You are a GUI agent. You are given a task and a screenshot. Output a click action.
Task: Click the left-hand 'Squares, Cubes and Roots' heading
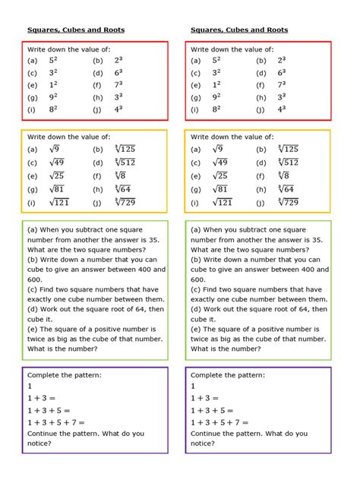[76, 30]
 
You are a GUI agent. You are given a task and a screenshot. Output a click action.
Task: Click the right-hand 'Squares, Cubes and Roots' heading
[239, 30]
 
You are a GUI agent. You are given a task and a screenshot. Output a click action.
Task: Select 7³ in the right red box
[282, 85]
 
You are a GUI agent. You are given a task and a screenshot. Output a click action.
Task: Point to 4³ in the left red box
[118, 109]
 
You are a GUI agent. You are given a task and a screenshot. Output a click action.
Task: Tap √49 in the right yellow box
[220, 163]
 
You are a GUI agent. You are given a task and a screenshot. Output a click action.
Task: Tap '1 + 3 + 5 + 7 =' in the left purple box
[56, 423]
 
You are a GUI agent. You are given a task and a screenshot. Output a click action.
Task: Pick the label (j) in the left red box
[97, 109]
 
